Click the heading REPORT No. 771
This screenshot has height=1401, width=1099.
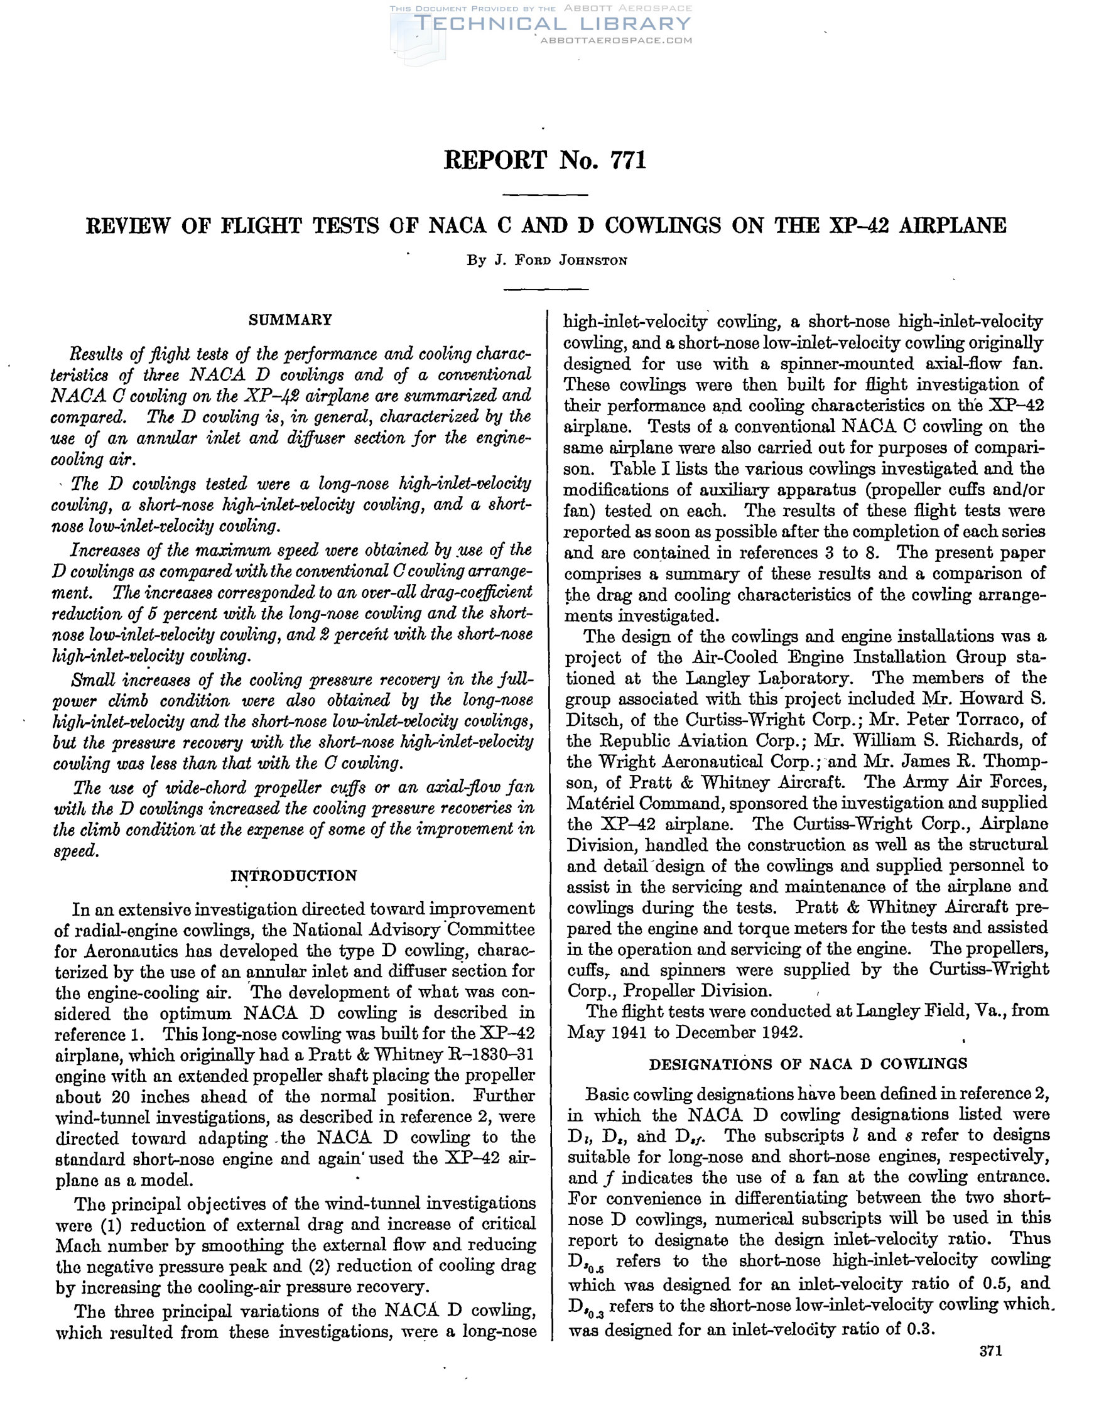[544, 160]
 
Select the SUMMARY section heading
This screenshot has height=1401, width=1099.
[290, 320]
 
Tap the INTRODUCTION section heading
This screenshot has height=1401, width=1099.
[293, 875]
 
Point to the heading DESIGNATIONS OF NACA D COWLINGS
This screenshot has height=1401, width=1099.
[808, 1063]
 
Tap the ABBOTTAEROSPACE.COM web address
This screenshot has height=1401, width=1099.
[617, 40]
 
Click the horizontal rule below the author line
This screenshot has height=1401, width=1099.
[544, 289]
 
